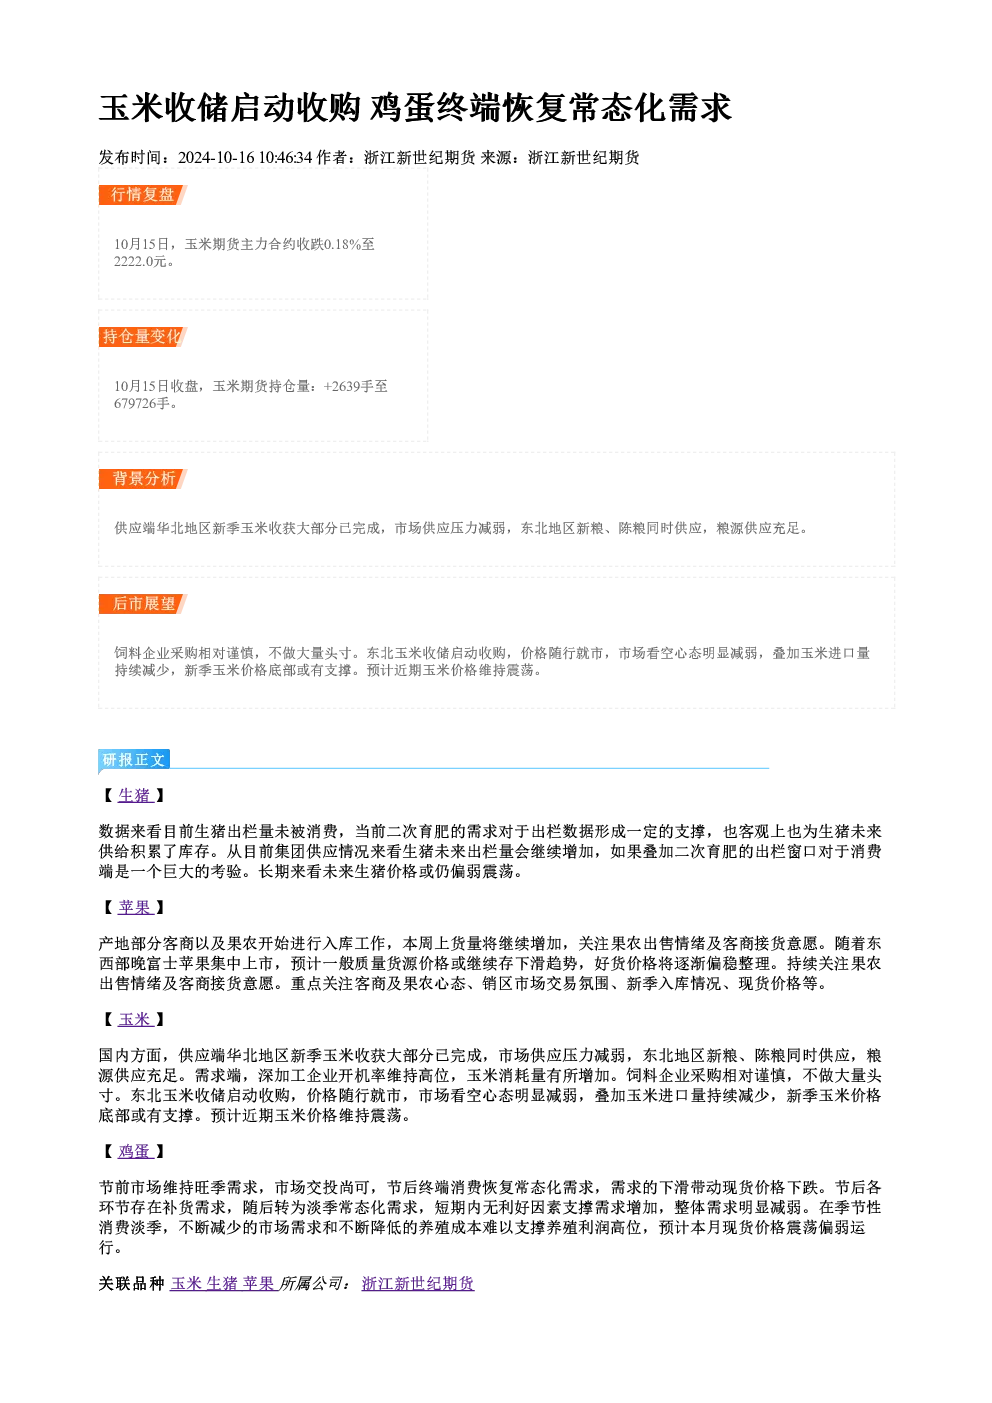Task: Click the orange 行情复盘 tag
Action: [x=143, y=195]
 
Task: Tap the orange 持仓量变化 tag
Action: [x=143, y=337]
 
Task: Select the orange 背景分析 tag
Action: [x=143, y=479]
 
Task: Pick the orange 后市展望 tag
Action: [x=143, y=604]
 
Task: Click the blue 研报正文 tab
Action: [x=134, y=760]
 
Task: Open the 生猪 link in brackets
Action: [x=135, y=795]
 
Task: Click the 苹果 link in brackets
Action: [x=135, y=908]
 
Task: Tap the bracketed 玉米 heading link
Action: [x=135, y=1020]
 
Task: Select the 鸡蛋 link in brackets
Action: [x=135, y=1152]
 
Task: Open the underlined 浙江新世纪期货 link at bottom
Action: [x=418, y=1284]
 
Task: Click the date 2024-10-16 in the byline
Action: [x=216, y=157]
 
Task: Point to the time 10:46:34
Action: [x=285, y=157]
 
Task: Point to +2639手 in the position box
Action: [x=348, y=386]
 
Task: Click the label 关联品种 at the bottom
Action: [x=132, y=1284]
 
